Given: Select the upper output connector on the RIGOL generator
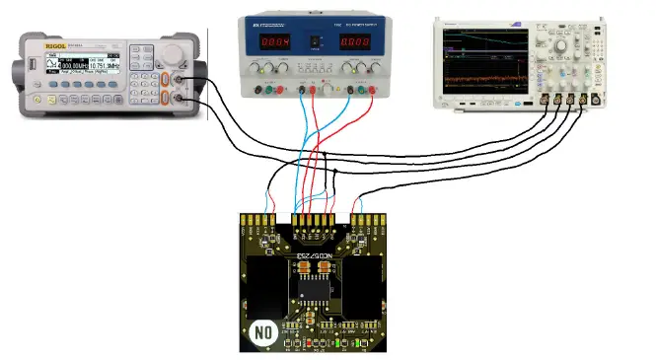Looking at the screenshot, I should point(181,82).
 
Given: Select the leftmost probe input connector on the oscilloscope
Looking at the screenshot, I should point(544,100).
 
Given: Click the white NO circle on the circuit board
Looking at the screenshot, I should point(262,332).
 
